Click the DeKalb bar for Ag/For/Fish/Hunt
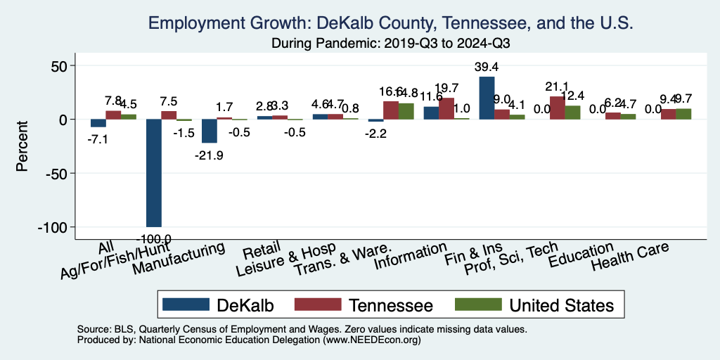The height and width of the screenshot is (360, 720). pyautogui.click(x=154, y=173)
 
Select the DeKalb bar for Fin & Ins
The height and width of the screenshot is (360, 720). pyautogui.click(x=487, y=98)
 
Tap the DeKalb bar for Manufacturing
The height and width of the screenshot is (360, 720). pyautogui.click(x=210, y=131)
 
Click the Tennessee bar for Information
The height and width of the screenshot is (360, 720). pyautogui.click(x=446, y=108)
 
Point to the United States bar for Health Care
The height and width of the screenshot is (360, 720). pyautogui.click(x=683, y=114)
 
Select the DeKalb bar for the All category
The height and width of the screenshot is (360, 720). pyautogui.click(x=98, y=123)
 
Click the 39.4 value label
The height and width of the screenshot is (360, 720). pyautogui.click(x=487, y=67)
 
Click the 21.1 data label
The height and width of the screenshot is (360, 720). pyautogui.click(x=557, y=87)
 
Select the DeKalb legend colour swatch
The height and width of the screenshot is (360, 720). pyautogui.click(x=186, y=304)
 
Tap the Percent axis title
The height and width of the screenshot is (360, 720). pyautogui.click(x=22, y=147)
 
